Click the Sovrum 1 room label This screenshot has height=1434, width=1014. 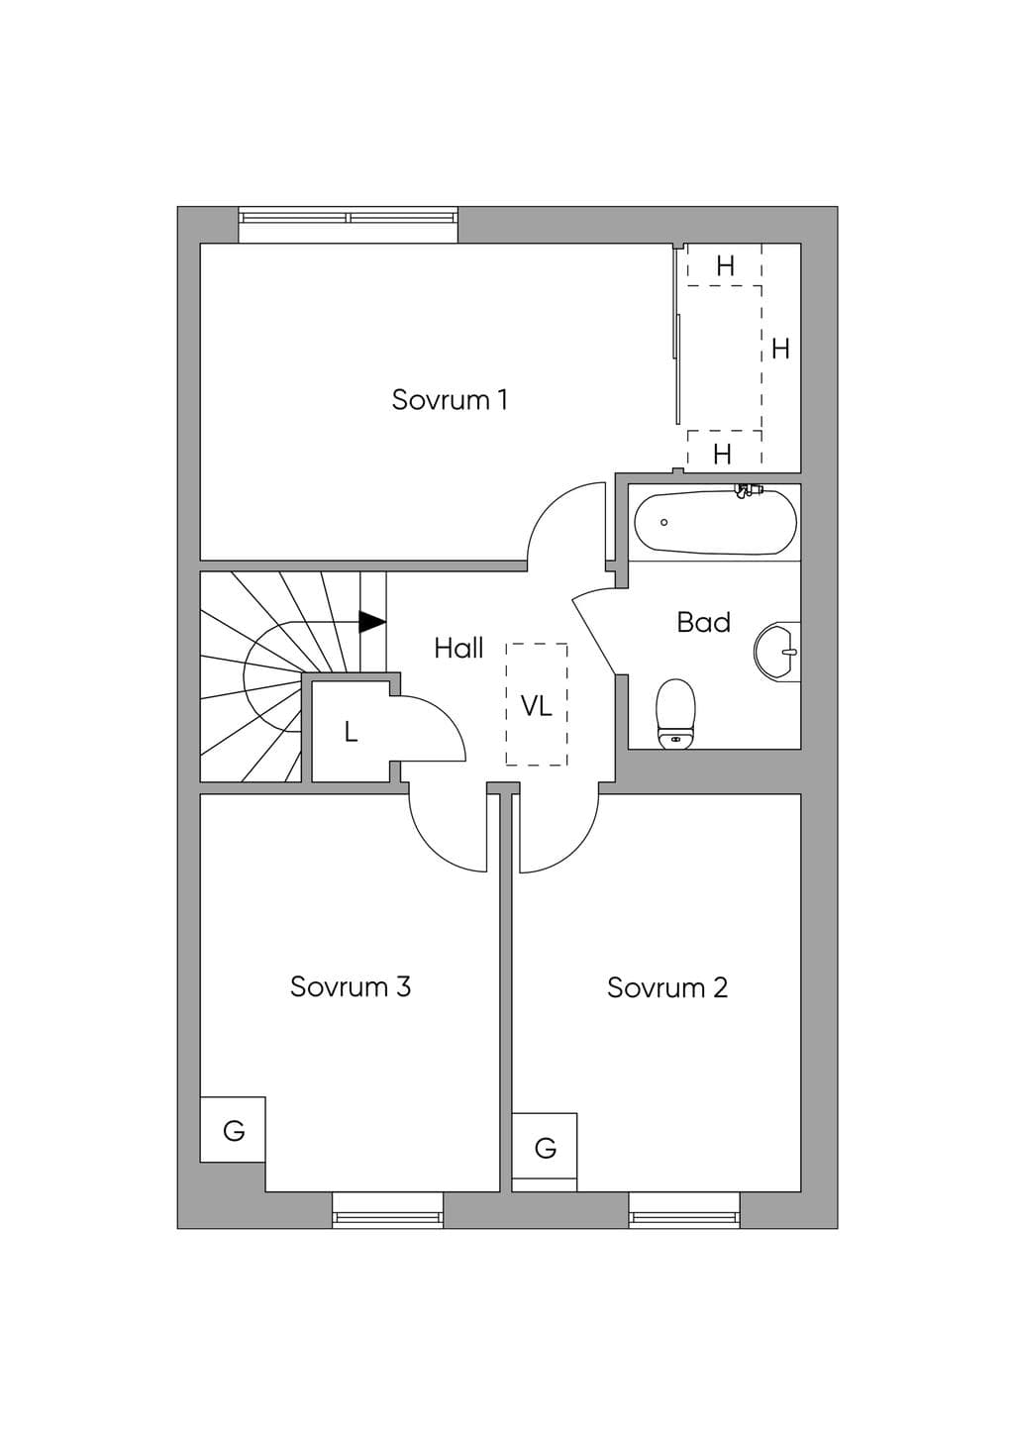[450, 400]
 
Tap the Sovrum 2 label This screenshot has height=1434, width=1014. [667, 987]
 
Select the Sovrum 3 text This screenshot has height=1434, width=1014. [351, 986]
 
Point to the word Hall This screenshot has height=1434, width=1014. [458, 649]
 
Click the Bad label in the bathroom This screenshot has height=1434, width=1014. [703, 622]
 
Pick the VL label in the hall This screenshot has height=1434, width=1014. [536, 707]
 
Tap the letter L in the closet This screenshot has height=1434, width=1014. [351, 732]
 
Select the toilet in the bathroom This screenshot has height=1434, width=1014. [675, 714]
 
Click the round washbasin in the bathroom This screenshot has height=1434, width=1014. [777, 652]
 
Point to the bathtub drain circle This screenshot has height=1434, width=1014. [663, 522]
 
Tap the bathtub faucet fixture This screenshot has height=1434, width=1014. [747, 491]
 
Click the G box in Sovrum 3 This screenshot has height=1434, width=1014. [233, 1130]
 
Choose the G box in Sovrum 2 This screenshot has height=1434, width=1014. [545, 1147]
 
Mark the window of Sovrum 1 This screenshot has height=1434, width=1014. [349, 225]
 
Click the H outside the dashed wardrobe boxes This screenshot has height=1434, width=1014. [780, 349]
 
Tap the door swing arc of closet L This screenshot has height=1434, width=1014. [443, 718]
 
